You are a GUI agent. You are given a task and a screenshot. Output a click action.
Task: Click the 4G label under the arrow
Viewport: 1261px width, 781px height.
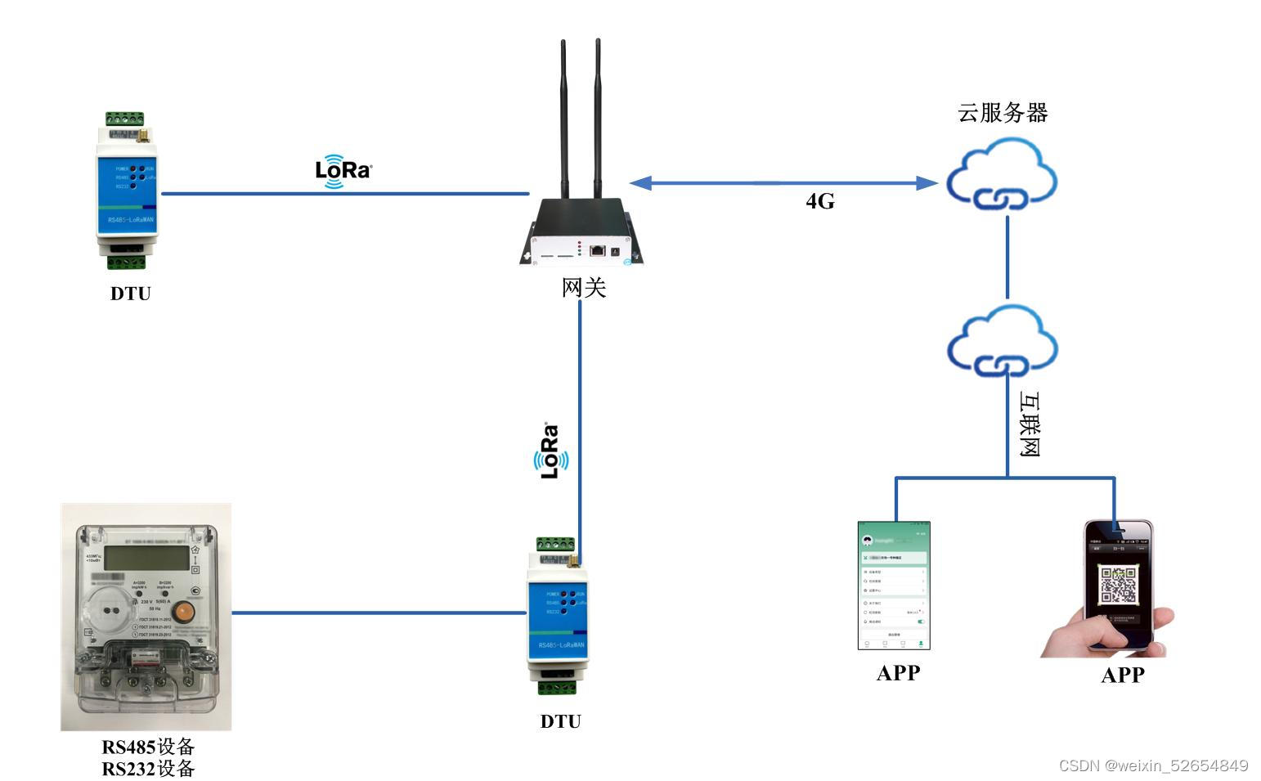tap(819, 201)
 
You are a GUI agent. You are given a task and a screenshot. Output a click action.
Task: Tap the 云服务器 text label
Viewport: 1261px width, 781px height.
tap(1003, 113)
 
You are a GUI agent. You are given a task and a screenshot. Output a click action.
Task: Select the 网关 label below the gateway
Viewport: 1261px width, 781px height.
tap(583, 288)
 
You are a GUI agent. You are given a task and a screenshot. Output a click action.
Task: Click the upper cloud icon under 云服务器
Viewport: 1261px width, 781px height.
tap(1002, 175)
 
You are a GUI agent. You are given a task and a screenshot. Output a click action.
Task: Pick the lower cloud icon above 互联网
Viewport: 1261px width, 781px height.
tap(1002, 342)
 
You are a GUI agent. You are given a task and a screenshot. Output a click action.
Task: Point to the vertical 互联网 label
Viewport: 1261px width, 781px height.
tap(1029, 424)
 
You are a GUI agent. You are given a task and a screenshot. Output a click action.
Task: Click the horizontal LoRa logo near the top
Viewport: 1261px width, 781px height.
tap(343, 170)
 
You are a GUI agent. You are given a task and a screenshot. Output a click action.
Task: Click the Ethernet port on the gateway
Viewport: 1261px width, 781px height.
tap(598, 249)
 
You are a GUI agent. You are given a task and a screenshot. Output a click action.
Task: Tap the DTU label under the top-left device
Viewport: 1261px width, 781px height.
tap(131, 294)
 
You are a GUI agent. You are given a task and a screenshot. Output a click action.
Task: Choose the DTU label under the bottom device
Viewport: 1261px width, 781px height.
tap(561, 721)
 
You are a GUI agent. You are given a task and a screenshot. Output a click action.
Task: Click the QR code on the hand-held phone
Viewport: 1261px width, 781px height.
tap(1118, 585)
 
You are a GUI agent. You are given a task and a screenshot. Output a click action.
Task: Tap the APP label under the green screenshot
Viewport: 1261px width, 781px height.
tap(898, 673)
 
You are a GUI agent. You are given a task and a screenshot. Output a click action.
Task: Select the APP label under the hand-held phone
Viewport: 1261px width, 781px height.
tap(1122, 676)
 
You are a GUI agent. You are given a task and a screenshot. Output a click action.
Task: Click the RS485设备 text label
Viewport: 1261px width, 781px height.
tap(148, 747)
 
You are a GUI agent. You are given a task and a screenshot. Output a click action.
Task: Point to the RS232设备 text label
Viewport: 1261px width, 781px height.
tap(148, 769)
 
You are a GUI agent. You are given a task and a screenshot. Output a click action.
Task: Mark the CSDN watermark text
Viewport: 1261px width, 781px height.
tap(1153, 765)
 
